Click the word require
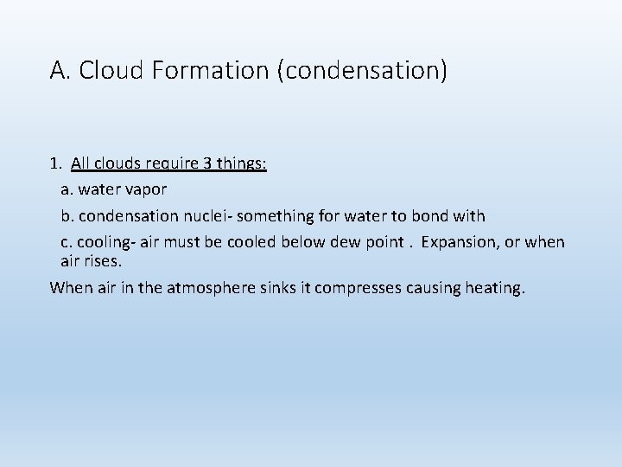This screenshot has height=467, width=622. pyautogui.click(x=168, y=163)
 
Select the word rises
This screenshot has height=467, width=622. pyautogui.click(x=105, y=259)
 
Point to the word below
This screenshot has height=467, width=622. pyautogui.click(x=295, y=242)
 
